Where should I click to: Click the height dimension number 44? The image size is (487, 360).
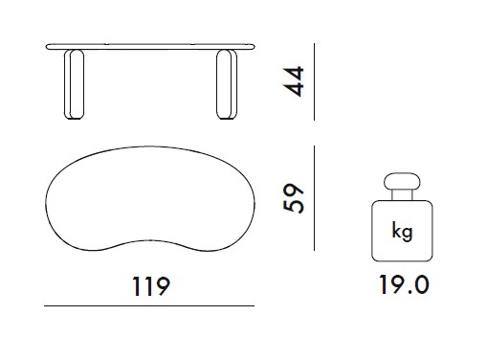pyautogui.click(x=294, y=81)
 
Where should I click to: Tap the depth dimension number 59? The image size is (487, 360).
pyautogui.click(x=294, y=198)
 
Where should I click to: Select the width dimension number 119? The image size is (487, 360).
pyautogui.click(x=151, y=286)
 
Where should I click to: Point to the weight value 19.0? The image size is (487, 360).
pyautogui.click(x=404, y=285)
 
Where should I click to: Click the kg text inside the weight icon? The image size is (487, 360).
pyautogui.click(x=402, y=231)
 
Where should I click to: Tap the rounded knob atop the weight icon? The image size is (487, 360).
pyautogui.click(x=402, y=182)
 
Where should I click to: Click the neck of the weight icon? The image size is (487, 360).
pyautogui.click(x=402, y=195)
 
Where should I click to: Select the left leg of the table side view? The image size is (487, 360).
pyautogui.click(x=74, y=84)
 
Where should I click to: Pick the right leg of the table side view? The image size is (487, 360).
pyautogui.click(x=227, y=84)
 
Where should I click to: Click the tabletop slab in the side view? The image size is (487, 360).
pyautogui.click(x=150, y=47)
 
